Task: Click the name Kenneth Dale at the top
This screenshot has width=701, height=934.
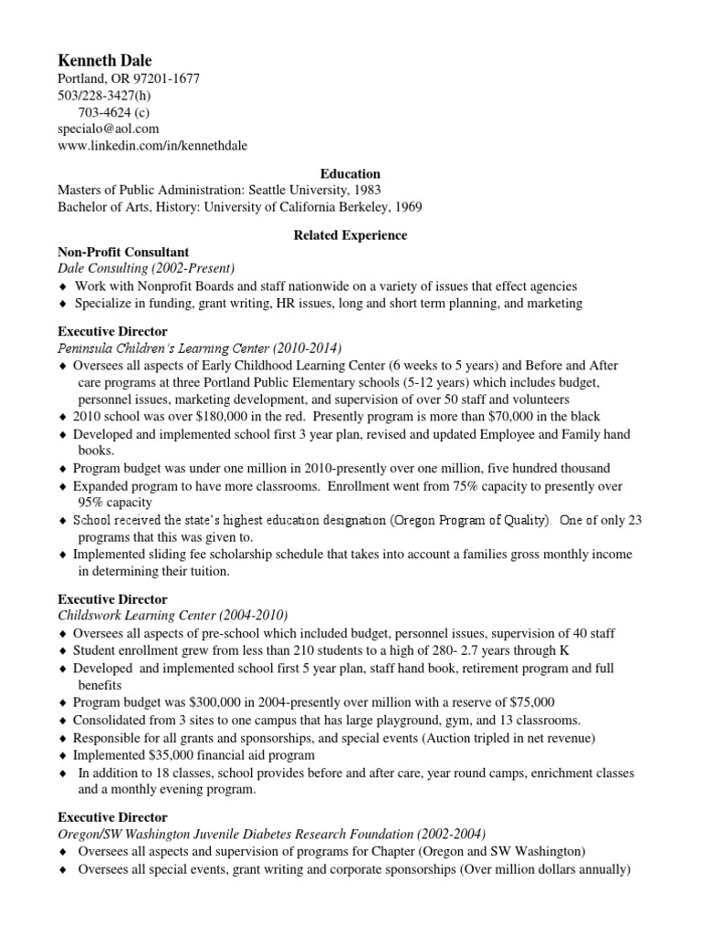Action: click(x=105, y=60)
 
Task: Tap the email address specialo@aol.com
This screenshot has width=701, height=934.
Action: click(x=108, y=129)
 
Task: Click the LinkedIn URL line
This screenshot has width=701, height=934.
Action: click(x=152, y=146)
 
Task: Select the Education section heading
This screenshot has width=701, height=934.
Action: click(x=350, y=173)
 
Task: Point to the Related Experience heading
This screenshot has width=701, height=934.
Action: click(x=350, y=235)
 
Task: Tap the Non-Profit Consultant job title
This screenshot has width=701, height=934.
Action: click(x=123, y=252)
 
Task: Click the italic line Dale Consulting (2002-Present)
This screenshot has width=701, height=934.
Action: click(x=146, y=268)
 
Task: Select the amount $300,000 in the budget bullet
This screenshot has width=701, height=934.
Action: click(x=219, y=701)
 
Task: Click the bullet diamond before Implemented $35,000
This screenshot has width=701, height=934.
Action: click(x=62, y=756)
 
